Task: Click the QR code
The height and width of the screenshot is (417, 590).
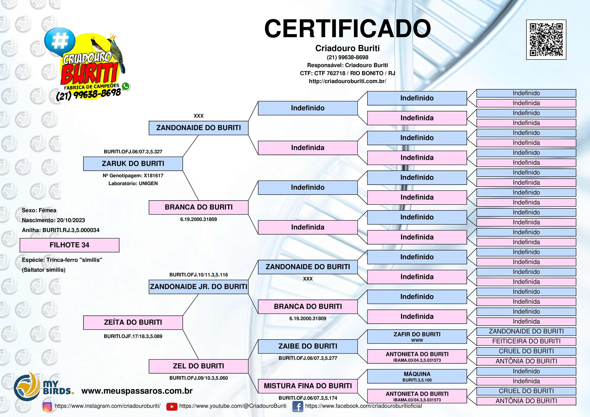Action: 546,40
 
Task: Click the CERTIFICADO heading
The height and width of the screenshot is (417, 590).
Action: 347,29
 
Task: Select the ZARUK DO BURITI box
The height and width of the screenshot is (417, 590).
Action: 133,164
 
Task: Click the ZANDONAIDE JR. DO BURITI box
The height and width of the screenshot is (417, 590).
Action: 198,287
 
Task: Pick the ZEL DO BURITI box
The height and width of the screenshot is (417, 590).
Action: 198,366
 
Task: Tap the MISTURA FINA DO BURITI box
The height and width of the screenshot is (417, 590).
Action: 308,386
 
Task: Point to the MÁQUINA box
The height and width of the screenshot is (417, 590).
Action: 417,376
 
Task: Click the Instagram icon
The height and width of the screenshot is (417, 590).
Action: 47,406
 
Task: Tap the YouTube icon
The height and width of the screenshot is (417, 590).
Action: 172,406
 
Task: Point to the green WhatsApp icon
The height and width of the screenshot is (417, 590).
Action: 126,86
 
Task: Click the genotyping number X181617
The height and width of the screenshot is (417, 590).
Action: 153,176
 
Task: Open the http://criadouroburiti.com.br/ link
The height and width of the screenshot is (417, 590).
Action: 347,81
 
